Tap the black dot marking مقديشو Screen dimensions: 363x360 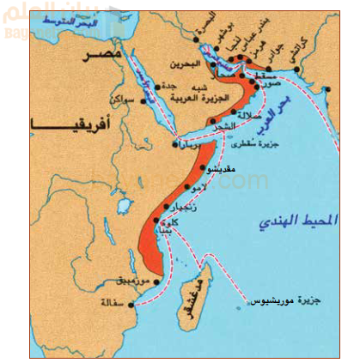pyautogui.click(x=204, y=168)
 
